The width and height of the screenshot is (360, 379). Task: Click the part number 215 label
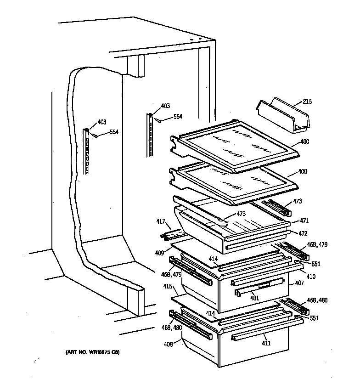tap(307, 102)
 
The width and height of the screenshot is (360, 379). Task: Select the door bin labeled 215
tap(282, 114)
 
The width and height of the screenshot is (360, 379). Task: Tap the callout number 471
tap(304, 220)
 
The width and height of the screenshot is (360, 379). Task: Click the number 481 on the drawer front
tap(254, 298)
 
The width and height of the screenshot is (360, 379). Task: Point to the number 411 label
tap(266, 343)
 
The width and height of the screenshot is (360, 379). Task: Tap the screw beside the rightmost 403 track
tap(157, 120)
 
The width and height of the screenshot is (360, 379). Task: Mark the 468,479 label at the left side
tap(171, 275)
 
